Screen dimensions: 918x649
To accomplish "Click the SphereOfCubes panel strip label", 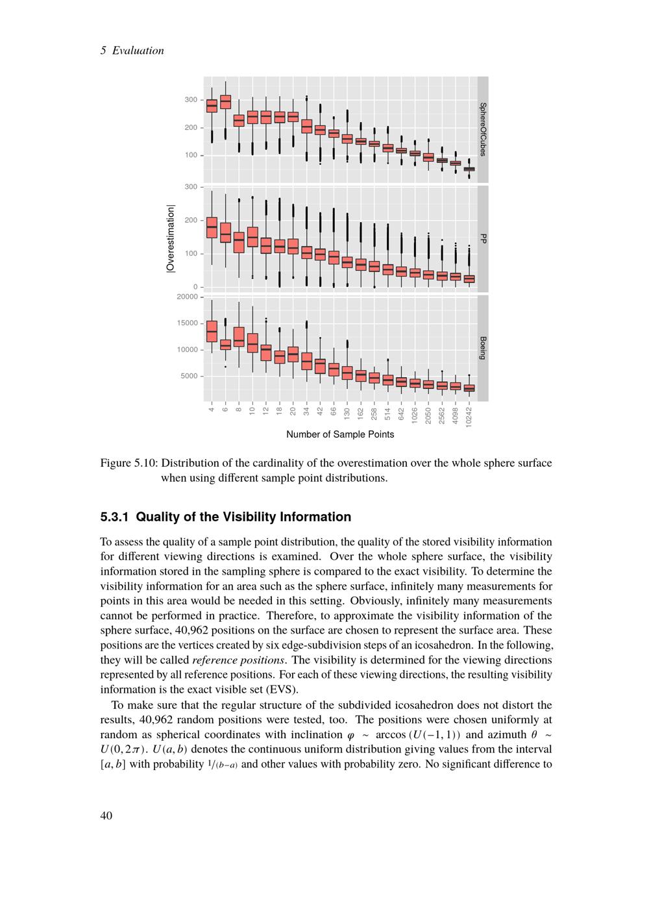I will [x=483, y=129].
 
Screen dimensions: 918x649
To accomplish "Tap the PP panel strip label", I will [x=483, y=239].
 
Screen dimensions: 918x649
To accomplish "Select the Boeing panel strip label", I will [x=483, y=348].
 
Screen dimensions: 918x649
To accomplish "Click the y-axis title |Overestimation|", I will [x=171, y=239].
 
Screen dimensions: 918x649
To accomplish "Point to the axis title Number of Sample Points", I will [x=340, y=434].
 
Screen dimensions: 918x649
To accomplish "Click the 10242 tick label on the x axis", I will [x=469, y=415].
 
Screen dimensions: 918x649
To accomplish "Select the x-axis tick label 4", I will [x=212, y=408].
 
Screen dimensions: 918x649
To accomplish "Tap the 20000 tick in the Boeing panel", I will [x=188, y=297].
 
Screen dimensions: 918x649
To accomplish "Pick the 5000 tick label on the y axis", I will [x=190, y=376].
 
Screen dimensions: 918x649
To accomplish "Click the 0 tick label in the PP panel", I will [x=195, y=287].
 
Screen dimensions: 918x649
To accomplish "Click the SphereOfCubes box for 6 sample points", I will [x=225, y=102].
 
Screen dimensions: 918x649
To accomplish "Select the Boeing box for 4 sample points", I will [x=212, y=330].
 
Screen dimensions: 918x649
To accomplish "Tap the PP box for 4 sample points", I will [x=212, y=227].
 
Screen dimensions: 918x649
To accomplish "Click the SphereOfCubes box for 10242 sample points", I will [x=469, y=169].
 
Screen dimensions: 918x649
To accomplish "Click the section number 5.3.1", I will [x=115, y=517].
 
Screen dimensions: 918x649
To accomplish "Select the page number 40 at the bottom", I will [x=106, y=816].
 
